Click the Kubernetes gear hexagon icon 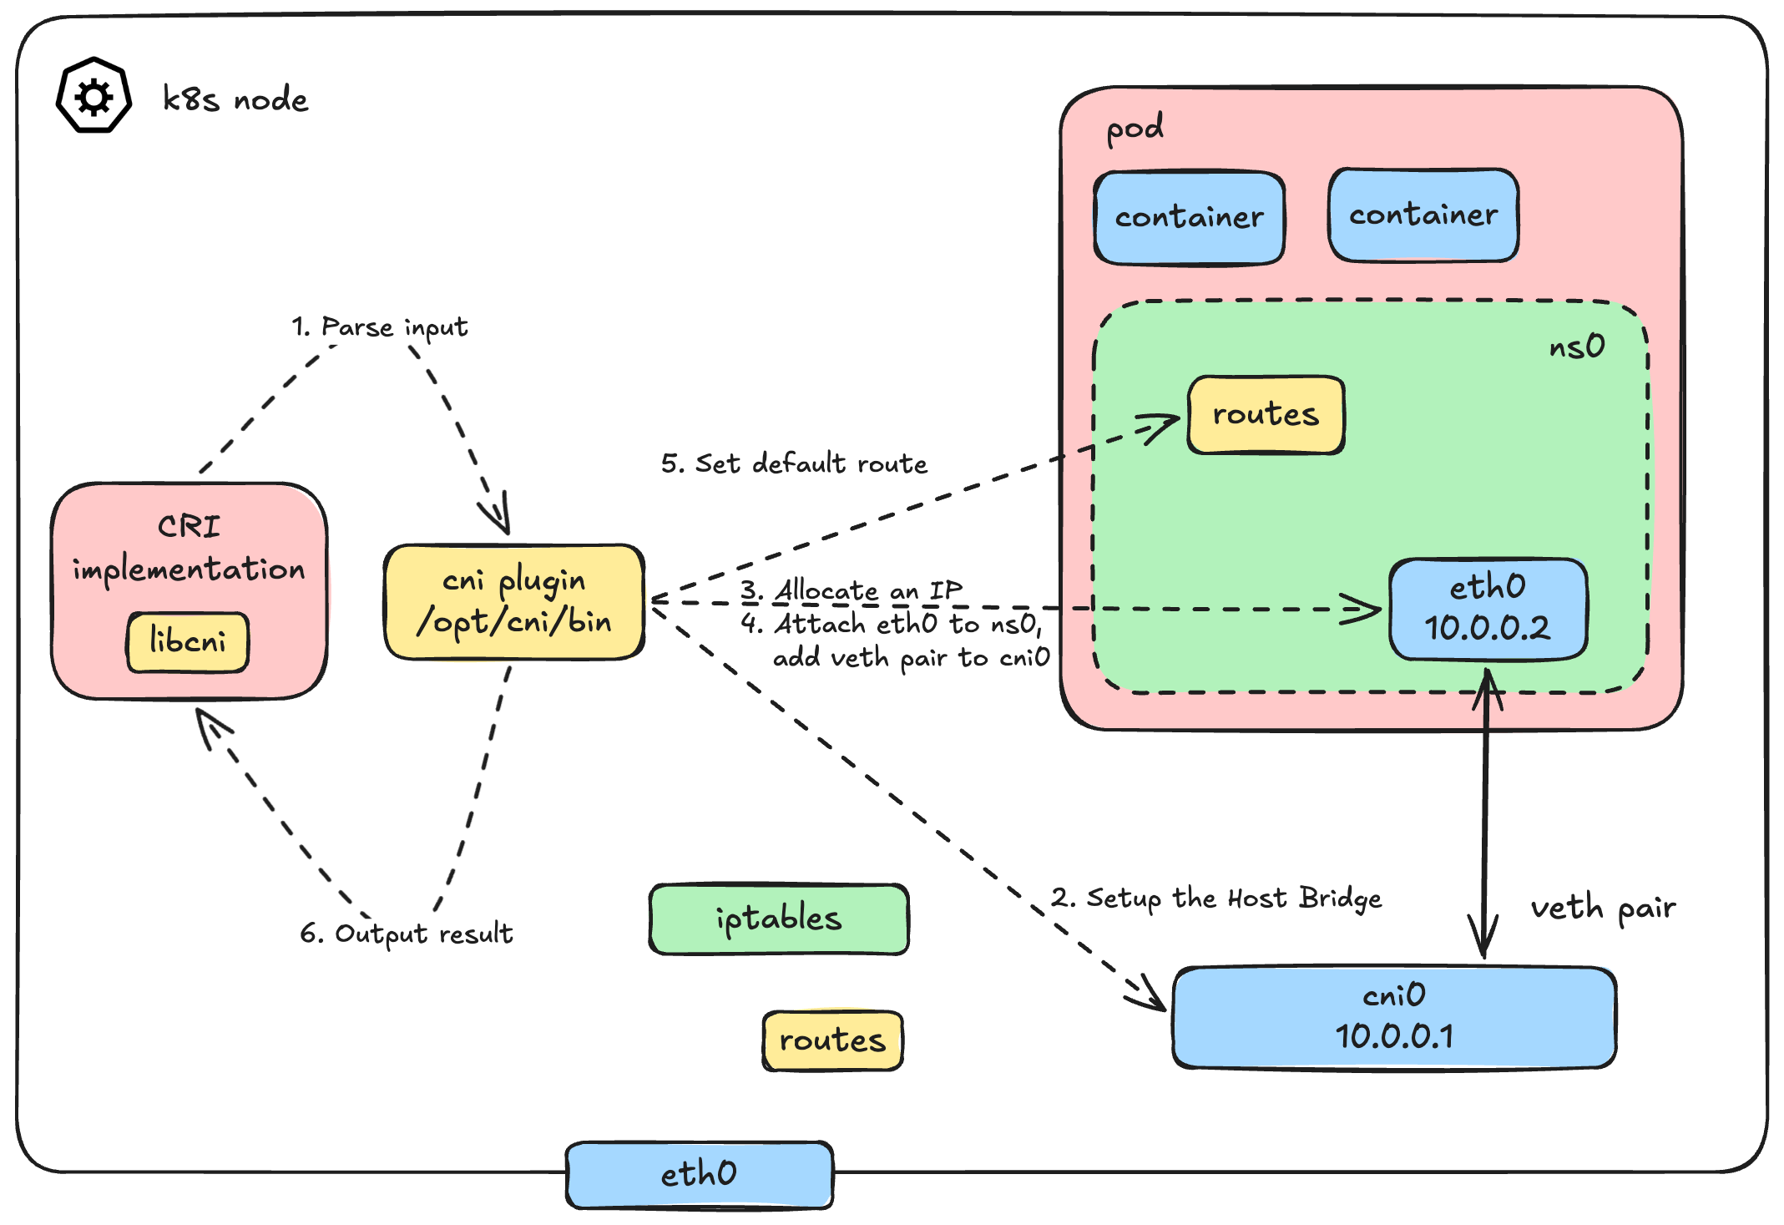93,96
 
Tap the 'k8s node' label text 235,99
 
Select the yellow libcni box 188,641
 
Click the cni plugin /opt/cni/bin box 513,601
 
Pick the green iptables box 778,919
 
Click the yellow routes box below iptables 832,1040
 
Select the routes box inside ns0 1266,414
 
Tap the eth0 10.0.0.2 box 1488,608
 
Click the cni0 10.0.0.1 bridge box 1394,1016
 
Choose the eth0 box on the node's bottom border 700,1173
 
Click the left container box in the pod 1189,217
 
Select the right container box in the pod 1423,215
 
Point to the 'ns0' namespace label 1576,346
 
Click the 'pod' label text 1134,129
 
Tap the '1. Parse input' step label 379,326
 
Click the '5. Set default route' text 794,463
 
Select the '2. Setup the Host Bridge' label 1215,899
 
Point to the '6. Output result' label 407,933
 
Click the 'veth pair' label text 1602,908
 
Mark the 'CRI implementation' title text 189,548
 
